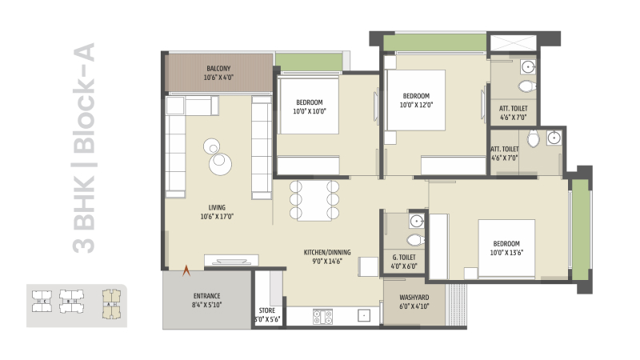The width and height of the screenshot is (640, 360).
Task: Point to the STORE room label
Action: (267, 310)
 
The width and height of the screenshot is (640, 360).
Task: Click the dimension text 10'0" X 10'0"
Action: (310, 112)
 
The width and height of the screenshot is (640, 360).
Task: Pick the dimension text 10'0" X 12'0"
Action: (421, 104)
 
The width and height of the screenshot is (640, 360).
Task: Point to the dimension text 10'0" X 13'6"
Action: (506, 254)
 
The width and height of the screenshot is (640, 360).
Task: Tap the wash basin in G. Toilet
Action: (416, 222)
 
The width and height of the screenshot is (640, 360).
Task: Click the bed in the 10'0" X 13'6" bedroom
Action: (506, 248)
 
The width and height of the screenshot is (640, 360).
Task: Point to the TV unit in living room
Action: (231, 259)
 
